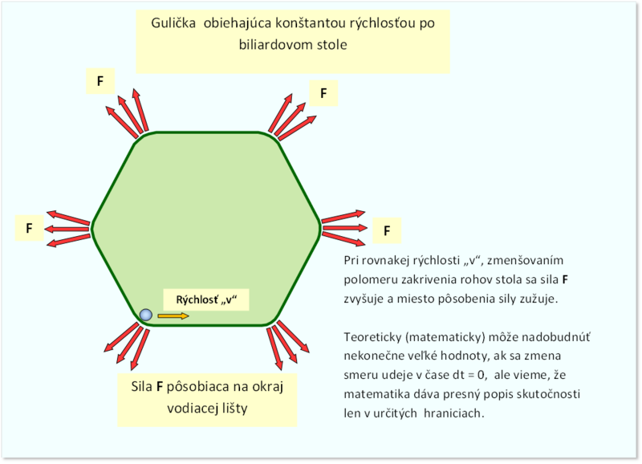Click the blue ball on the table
(146, 315)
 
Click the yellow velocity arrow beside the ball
(173, 315)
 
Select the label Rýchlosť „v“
(206, 299)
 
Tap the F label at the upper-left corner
(100, 81)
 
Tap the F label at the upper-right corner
(323, 93)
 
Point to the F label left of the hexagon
(29, 228)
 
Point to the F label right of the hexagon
(387, 231)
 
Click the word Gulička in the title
(173, 23)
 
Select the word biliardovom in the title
(271, 44)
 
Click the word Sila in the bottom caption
(142, 386)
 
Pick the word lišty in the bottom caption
(235, 409)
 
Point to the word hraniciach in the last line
(454, 413)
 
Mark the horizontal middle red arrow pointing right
(345, 228)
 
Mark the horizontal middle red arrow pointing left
(67, 229)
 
